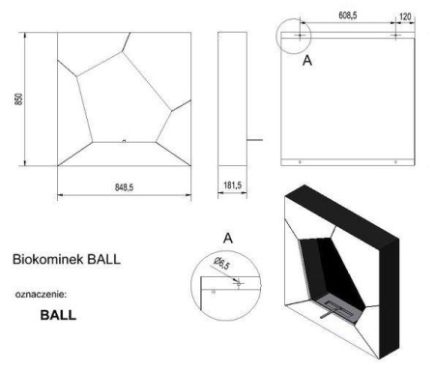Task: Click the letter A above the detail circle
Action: pos(227,238)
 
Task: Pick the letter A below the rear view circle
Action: pos(307,59)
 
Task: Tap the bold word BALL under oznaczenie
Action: pos(58,315)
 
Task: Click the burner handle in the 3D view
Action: pos(332,310)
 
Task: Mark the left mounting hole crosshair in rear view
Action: pos(302,35)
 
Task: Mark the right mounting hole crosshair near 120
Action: pos(395,35)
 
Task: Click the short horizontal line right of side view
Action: pos(255,141)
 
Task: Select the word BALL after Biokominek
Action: pos(103,261)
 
